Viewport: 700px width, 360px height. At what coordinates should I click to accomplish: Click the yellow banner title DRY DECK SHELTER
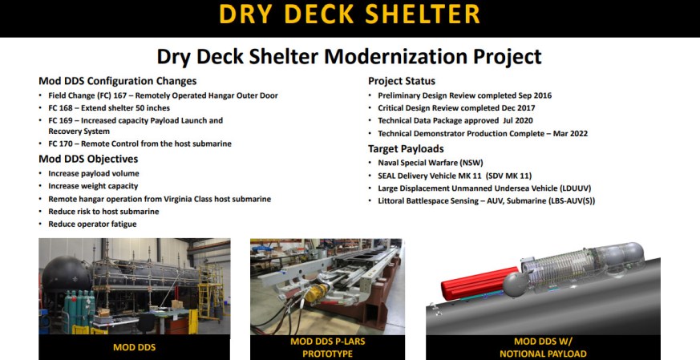click(x=350, y=15)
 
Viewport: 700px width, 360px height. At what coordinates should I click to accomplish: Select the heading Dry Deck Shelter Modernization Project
click(x=350, y=57)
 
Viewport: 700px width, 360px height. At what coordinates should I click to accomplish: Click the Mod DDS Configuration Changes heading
click(x=117, y=81)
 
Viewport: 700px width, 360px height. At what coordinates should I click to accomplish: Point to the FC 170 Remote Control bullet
click(x=140, y=144)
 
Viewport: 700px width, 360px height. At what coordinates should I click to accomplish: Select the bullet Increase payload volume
click(x=93, y=173)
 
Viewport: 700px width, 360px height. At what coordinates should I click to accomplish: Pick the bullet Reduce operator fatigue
click(x=92, y=224)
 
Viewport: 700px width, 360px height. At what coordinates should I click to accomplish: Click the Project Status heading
click(x=402, y=81)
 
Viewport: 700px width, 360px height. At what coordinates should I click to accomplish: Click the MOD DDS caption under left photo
click(x=134, y=348)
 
